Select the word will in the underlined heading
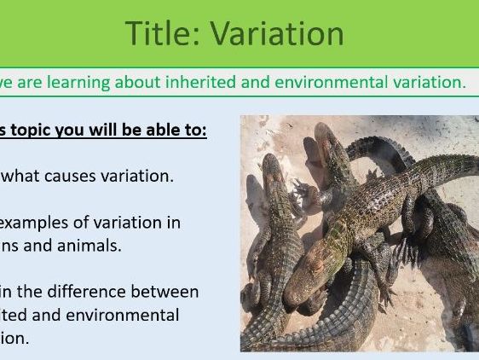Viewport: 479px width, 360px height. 104,131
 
